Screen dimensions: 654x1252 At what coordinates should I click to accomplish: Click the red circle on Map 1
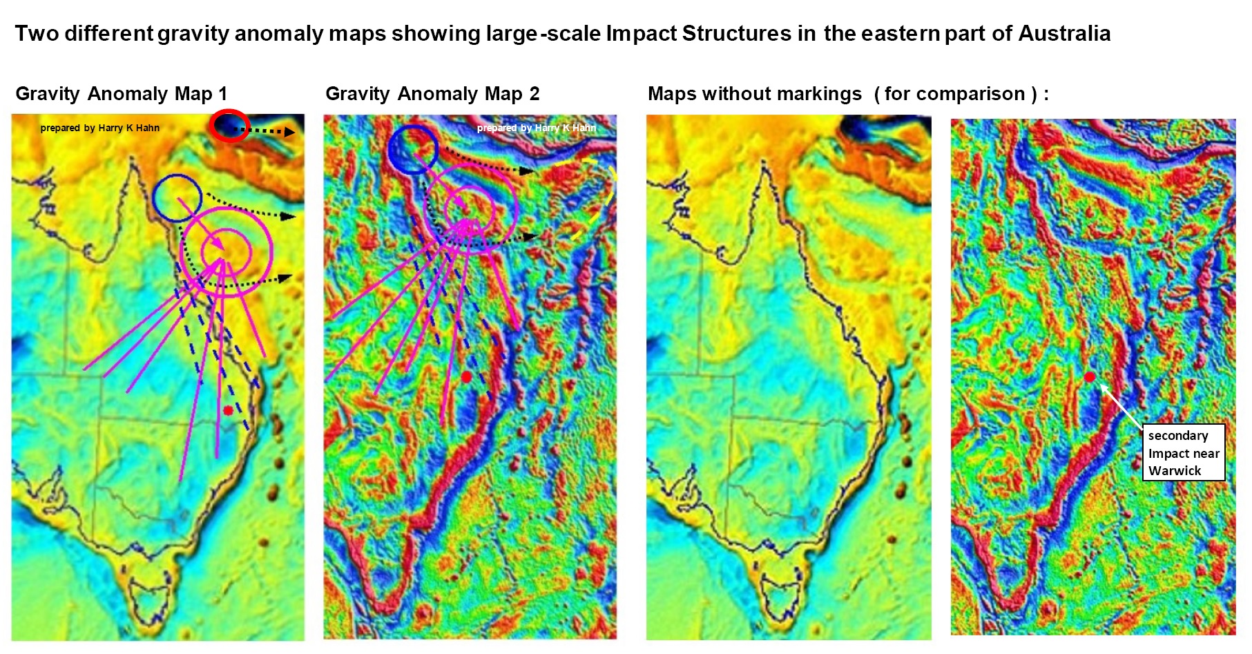click(230, 126)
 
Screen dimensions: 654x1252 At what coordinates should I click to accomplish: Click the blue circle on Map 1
click(177, 198)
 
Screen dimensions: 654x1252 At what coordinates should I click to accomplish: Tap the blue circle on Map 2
click(412, 148)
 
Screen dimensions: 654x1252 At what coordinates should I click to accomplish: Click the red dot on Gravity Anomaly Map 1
click(228, 410)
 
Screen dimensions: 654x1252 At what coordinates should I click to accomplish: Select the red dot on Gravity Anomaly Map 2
click(466, 376)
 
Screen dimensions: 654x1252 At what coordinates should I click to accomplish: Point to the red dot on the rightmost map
click(1089, 376)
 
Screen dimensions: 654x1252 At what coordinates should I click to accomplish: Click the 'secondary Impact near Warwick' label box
click(1183, 453)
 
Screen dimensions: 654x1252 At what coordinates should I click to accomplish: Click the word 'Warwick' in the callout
click(1175, 471)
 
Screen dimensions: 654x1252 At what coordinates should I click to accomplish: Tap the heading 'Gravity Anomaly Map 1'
click(121, 94)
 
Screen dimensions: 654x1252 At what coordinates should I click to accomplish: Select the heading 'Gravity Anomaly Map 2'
click(432, 94)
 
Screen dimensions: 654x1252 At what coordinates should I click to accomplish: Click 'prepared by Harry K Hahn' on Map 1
click(99, 128)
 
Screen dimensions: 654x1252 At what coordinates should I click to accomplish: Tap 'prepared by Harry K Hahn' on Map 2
click(536, 128)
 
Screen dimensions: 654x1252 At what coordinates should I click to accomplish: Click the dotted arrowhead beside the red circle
click(290, 132)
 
